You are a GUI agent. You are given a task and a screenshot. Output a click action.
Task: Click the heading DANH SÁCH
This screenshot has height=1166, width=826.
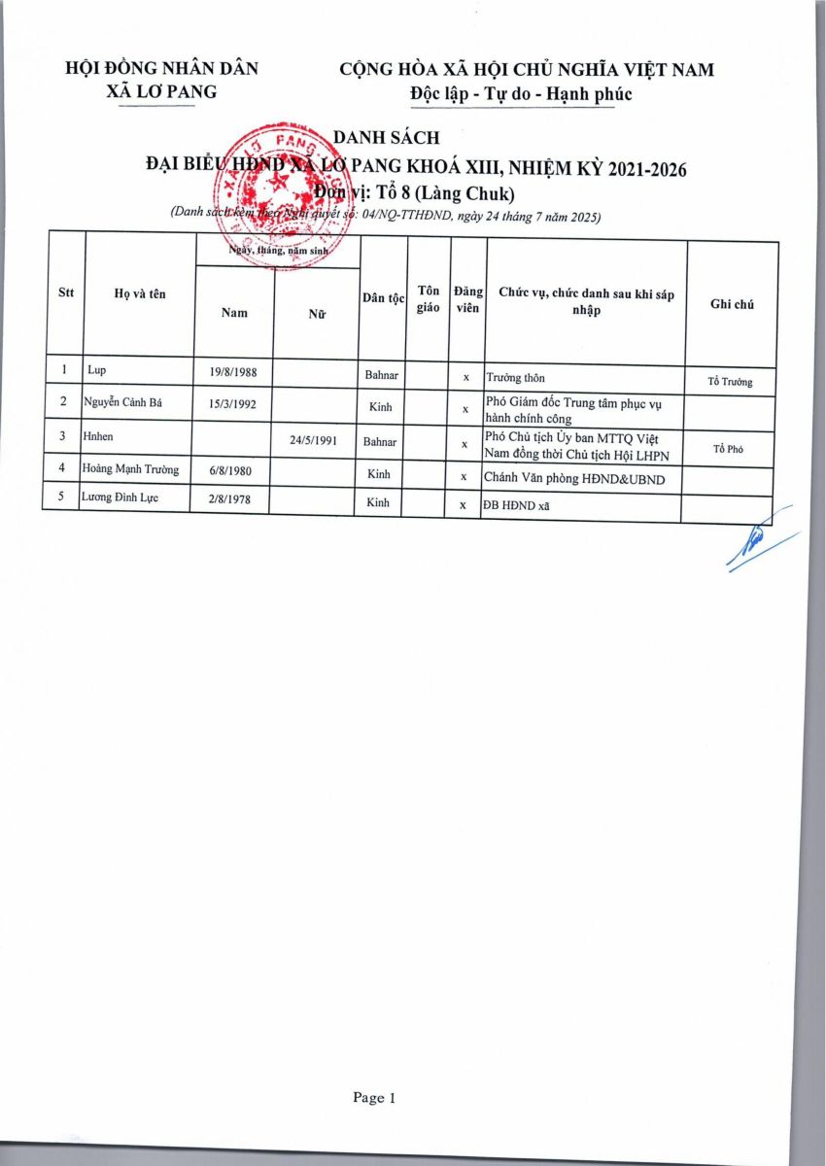(x=387, y=138)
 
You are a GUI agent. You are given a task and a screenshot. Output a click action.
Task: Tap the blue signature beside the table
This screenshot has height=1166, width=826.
(x=758, y=550)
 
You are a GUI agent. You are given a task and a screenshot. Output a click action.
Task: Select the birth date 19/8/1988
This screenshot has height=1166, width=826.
(x=233, y=373)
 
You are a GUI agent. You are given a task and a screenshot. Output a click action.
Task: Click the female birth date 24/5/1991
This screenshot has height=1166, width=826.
(x=314, y=439)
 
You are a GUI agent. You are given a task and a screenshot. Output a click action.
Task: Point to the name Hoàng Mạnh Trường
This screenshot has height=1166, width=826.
(x=130, y=470)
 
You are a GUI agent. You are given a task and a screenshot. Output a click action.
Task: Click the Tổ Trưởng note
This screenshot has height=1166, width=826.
(x=730, y=382)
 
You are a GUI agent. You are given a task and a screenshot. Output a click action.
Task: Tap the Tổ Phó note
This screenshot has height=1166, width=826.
(x=729, y=449)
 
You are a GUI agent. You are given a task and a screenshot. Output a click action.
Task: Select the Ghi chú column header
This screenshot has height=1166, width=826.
(x=732, y=304)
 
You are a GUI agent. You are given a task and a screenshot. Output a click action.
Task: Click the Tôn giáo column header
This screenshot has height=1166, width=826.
(x=428, y=298)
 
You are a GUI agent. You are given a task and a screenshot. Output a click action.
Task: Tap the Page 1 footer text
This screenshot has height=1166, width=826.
(x=374, y=1098)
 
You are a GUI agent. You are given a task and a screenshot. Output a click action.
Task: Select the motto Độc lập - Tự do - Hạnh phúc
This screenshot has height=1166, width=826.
(x=521, y=94)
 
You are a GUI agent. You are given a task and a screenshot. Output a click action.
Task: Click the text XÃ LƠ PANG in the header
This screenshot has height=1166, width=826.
(x=161, y=92)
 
